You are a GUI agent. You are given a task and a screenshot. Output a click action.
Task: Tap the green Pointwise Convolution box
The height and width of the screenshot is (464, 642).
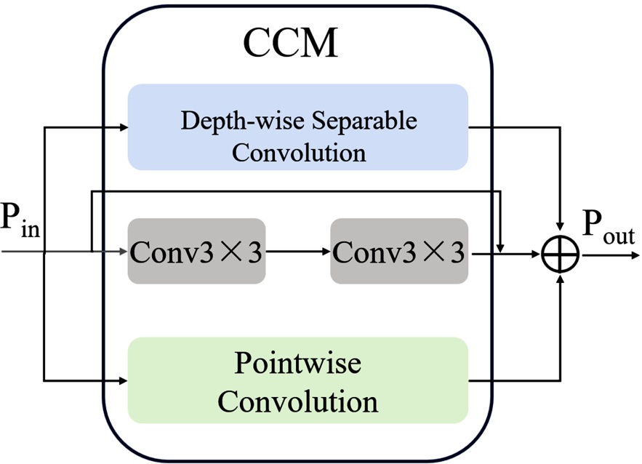(297, 380)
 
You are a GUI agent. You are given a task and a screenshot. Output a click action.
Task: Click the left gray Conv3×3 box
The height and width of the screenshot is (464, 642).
(196, 251)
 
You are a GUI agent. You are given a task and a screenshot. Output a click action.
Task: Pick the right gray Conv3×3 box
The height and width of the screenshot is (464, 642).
(399, 251)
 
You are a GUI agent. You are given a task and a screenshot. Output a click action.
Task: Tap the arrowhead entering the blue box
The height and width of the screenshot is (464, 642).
(123, 128)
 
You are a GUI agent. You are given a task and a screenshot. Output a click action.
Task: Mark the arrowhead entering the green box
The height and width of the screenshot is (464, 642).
(123, 380)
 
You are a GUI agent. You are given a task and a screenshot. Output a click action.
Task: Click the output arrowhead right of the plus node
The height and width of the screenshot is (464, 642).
(635, 255)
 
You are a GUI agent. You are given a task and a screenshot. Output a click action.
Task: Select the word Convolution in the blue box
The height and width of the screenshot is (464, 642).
(298, 152)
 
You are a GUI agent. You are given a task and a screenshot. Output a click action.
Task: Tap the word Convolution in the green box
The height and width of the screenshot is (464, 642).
(298, 401)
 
